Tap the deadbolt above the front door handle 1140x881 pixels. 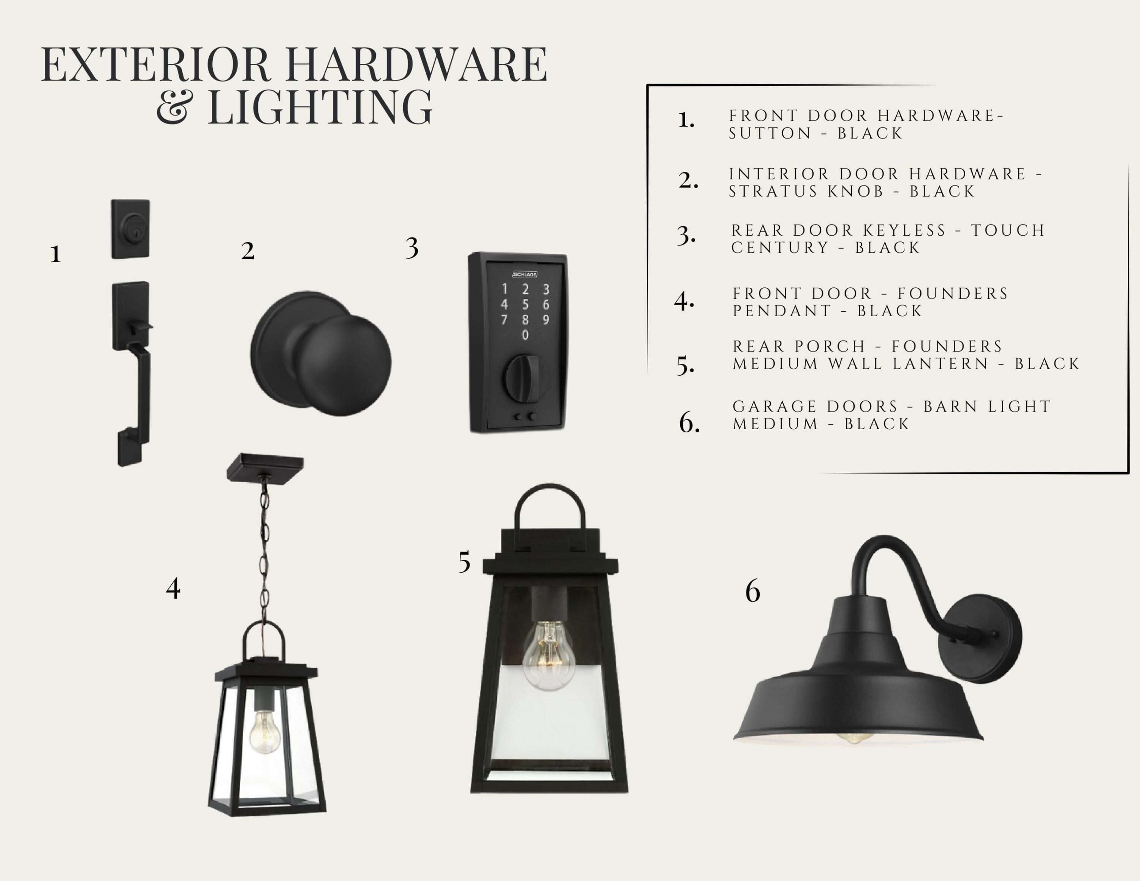pyautogui.click(x=130, y=228)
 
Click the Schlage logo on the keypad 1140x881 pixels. pyautogui.click(x=524, y=274)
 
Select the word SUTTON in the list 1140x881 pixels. pyautogui.click(x=770, y=134)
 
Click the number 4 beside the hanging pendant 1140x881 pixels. pyautogui.click(x=173, y=588)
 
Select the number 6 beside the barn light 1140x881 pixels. pyautogui.click(x=753, y=591)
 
